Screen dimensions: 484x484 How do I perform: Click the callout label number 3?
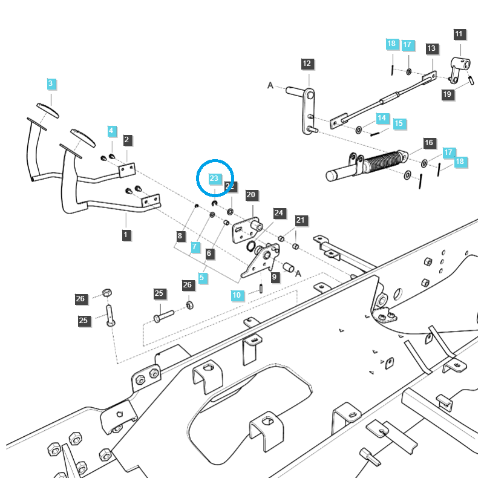click(51, 83)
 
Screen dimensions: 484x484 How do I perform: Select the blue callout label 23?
click(214, 178)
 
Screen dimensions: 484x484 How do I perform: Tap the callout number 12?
click(306, 64)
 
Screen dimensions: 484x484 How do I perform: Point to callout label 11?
click(459, 34)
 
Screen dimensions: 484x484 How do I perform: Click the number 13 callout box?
click(431, 48)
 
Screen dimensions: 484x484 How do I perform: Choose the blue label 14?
click(382, 118)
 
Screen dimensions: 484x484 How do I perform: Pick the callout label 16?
click(429, 143)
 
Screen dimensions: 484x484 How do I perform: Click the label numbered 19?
click(447, 94)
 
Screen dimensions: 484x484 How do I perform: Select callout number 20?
click(251, 195)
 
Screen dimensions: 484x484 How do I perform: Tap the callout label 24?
click(278, 213)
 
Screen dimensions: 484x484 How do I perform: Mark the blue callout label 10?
click(237, 295)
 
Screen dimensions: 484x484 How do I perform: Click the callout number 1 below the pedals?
click(126, 234)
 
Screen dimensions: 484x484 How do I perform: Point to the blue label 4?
click(111, 131)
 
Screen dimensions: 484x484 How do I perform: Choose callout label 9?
click(275, 277)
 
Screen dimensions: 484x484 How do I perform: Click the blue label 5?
click(202, 278)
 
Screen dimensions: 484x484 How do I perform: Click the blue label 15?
click(397, 123)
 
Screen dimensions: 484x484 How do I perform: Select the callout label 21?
click(301, 220)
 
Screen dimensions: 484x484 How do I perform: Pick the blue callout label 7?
click(194, 247)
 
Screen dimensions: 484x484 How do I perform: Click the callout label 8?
click(180, 235)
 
